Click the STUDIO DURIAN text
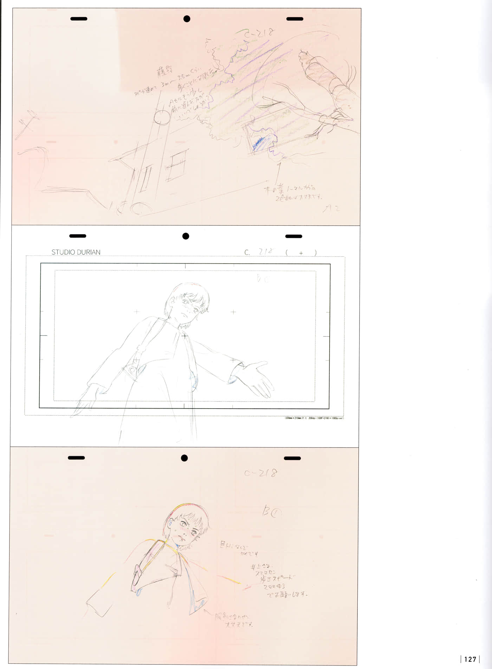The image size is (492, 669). tap(76, 252)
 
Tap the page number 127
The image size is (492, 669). tap(470, 659)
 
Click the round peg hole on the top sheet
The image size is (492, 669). tap(187, 19)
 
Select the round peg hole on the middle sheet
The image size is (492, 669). tap(186, 236)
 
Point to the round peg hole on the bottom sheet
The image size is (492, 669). tap(184, 458)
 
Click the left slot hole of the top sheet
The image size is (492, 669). tap(79, 19)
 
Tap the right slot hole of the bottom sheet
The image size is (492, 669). tap(292, 458)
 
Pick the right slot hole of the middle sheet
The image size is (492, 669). tap(294, 236)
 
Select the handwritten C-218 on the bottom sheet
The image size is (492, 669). tap(261, 473)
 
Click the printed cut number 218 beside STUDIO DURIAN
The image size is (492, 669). tap(266, 252)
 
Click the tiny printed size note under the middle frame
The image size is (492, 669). tap(314, 418)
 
